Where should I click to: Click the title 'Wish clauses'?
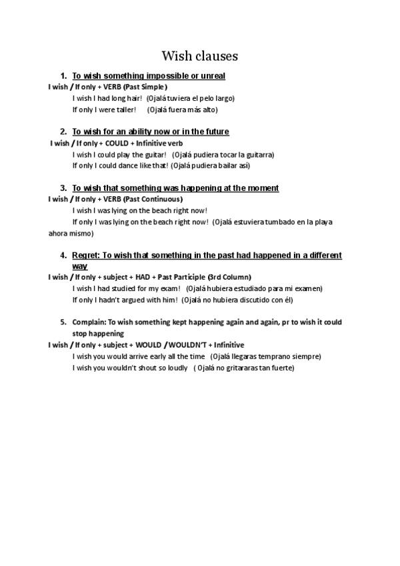coord(199,55)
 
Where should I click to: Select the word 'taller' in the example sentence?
coord(125,109)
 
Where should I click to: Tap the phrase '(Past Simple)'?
coord(145,87)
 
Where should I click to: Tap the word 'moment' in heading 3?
coord(261,188)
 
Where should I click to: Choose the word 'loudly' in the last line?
coord(174,368)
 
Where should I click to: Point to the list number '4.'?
coord(63,256)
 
